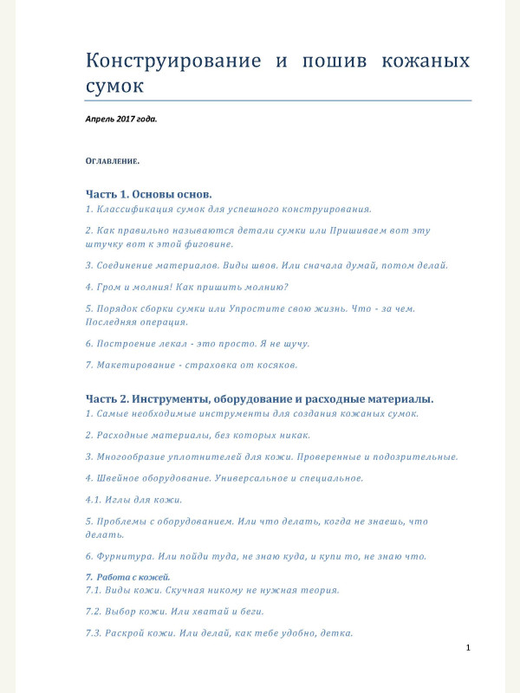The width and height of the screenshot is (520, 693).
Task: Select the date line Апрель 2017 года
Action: pyautogui.click(x=121, y=118)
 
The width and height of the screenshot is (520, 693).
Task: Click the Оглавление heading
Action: pyautogui.click(x=112, y=161)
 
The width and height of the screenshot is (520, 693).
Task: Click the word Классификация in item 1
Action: pyautogui.click(x=140, y=209)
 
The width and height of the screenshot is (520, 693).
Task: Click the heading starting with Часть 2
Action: pyautogui.click(x=259, y=398)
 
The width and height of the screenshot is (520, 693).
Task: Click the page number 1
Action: pyautogui.click(x=468, y=648)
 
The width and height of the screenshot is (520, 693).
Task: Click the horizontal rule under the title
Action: pyautogui.click(x=277, y=100)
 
